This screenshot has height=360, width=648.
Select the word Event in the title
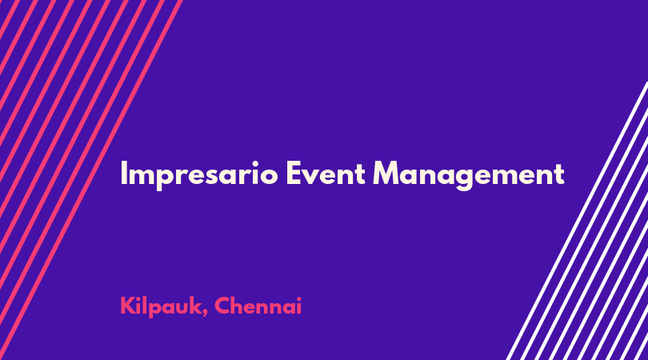click(326, 173)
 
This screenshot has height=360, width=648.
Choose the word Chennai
click(258, 306)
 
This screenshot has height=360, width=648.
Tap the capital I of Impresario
click(123, 173)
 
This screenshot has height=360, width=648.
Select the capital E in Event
click(294, 173)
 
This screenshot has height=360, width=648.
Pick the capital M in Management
click(386, 173)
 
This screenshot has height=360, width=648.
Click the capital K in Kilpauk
click(128, 306)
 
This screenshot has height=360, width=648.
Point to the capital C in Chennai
click(222, 306)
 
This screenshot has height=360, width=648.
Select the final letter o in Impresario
click(269, 177)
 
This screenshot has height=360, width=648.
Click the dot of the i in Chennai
click(298, 298)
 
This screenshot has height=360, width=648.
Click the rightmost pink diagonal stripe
click(91, 180)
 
